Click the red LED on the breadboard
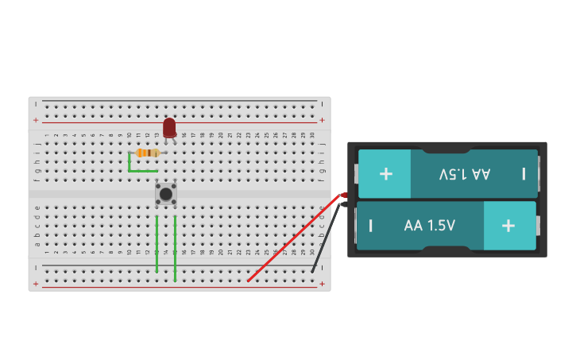[x=169, y=127]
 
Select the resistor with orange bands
[x=147, y=153]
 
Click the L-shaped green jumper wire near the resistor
[x=135, y=170]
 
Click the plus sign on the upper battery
[x=385, y=173]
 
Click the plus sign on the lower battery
[x=508, y=225]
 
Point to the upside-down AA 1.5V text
[x=465, y=173]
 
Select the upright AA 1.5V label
[x=429, y=226]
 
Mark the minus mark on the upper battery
[x=524, y=173]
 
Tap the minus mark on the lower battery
[x=370, y=226]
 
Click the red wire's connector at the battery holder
[x=344, y=195]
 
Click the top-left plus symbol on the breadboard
[x=35, y=120]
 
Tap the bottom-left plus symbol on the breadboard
[x=35, y=284]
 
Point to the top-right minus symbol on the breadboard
[x=322, y=103]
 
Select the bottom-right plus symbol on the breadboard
[x=322, y=284]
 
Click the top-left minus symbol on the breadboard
[x=35, y=103]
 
